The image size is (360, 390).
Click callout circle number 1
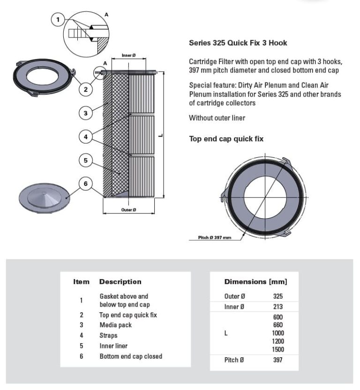[58, 20]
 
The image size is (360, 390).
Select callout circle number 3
[86, 113]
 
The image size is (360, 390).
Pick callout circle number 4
[86, 137]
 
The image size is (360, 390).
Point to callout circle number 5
[86, 161]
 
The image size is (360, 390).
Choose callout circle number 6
[86, 184]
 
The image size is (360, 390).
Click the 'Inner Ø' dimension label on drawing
[129, 55]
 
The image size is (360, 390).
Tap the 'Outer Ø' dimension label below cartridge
[128, 210]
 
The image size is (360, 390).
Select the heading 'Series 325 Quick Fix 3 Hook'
[238, 43]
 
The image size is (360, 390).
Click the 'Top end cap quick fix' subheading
[226, 139]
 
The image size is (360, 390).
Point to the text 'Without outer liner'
[217, 118]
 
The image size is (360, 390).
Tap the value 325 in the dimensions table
[278, 296]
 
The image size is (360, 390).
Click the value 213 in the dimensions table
[278, 307]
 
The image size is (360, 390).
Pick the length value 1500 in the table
[278, 350]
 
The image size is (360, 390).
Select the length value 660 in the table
[278, 325]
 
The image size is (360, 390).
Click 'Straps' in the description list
[108, 336]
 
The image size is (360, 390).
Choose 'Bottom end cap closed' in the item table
[131, 356]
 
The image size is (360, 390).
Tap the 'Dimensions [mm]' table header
[255, 282]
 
